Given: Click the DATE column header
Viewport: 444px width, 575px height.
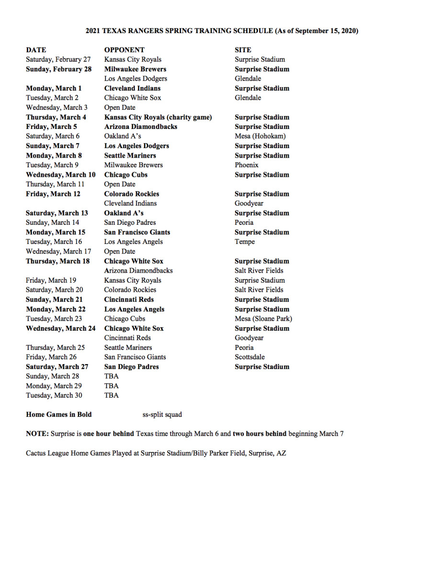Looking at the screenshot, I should tap(36, 50).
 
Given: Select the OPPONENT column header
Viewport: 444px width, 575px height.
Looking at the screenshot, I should tap(124, 50).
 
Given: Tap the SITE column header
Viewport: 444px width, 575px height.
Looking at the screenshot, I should tap(242, 50).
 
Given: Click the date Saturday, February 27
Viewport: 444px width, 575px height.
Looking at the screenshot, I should tap(58, 59).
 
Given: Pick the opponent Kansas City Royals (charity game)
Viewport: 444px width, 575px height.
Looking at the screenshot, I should tap(158, 117).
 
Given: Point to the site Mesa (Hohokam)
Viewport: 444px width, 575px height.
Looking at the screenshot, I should tap(260, 136).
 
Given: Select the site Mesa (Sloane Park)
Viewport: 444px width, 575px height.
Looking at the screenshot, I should tap(263, 319).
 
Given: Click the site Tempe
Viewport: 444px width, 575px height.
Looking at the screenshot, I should tap(244, 241).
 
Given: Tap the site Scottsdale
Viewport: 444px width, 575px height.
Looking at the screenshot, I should tap(250, 357).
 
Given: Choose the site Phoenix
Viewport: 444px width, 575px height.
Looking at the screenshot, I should tap(246, 165).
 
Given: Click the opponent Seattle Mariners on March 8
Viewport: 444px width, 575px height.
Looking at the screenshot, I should tap(130, 155).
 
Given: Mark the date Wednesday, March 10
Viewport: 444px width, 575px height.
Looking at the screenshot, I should tap(60, 174).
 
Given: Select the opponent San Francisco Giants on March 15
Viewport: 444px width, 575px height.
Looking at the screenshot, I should tap(137, 232).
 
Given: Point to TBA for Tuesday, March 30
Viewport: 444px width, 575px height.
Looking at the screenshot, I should tap(111, 395).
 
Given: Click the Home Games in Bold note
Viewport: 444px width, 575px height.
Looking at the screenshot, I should tap(58, 414).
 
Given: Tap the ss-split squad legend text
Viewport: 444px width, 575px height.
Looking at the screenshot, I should tap(162, 414).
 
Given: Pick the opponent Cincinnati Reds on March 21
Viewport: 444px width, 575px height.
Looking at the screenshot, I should tap(129, 299).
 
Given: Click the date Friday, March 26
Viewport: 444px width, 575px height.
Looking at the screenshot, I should tap(51, 357).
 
